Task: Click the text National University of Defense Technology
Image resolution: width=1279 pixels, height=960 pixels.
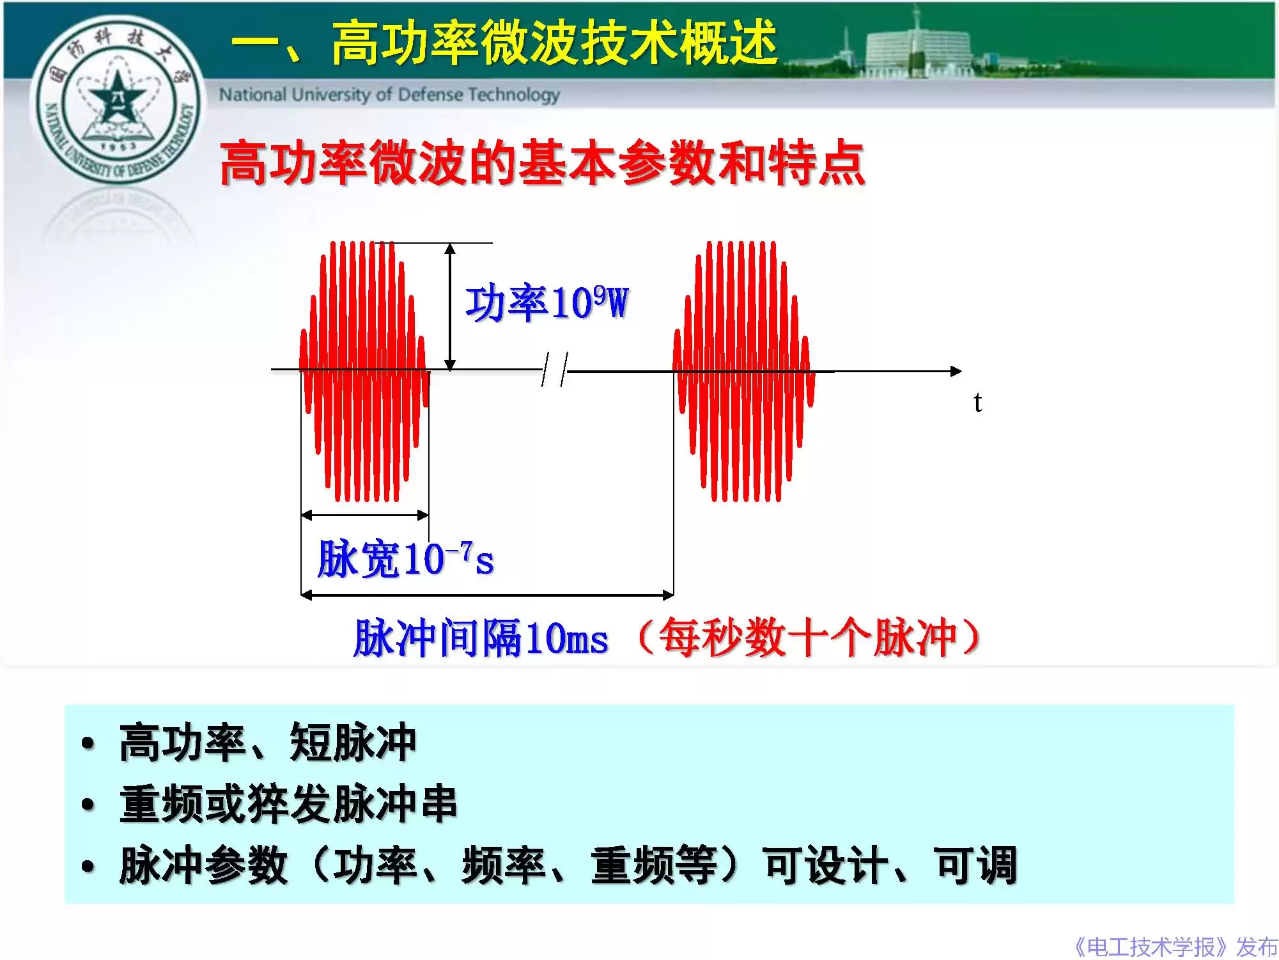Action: pyautogui.click(x=389, y=95)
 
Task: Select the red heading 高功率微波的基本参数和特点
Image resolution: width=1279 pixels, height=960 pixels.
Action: pyautogui.click(x=542, y=163)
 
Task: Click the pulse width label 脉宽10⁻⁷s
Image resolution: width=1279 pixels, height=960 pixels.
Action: pyautogui.click(x=405, y=559)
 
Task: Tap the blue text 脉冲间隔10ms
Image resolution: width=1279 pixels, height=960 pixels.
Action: pyautogui.click(x=481, y=638)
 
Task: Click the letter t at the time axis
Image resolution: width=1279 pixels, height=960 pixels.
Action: pyautogui.click(x=977, y=402)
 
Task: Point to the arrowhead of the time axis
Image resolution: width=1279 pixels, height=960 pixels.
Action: pyautogui.click(x=956, y=371)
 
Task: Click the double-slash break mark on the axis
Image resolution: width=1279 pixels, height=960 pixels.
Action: pyautogui.click(x=554, y=370)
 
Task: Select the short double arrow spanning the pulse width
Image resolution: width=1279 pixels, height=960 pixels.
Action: pyautogui.click(x=364, y=515)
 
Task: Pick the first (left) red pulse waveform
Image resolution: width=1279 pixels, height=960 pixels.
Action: pyautogui.click(x=364, y=371)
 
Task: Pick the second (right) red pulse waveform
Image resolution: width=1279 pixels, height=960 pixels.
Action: pyautogui.click(x=743, y=371)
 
